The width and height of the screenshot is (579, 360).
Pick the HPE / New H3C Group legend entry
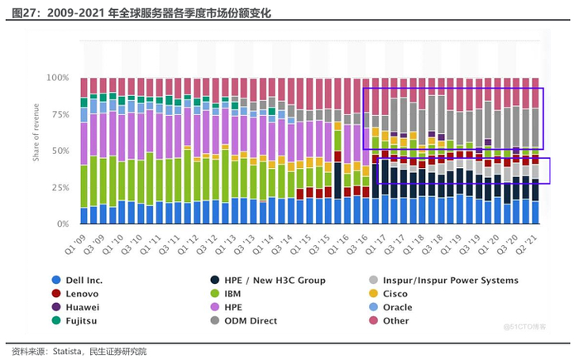(276, 281)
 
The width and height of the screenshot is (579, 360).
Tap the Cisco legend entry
(404, 294)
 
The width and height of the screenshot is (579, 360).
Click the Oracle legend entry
(405, 307)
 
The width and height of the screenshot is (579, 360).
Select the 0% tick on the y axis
(63, 224)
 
